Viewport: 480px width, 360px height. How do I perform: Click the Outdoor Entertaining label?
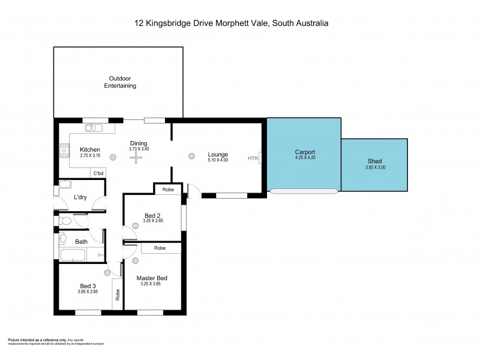tap(122, 82)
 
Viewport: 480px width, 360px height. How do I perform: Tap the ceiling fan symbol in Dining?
tap(136, 156)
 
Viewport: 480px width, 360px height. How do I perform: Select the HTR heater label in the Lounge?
tap(252, 158)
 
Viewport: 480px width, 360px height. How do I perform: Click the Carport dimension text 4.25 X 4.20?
tap(305, 158)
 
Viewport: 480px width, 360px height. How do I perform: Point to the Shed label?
tap(374, 161)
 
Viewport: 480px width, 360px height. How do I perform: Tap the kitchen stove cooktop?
tap(64, 151)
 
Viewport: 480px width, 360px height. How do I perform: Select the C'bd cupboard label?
tap(98, 173)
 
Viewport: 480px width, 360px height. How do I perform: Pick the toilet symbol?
tap(65, 221)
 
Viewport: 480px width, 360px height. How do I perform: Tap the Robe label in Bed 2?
tap(169, 190)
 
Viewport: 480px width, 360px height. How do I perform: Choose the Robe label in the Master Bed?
tap(160, 248)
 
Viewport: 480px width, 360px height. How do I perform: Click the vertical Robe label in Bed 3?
tap(118, 295)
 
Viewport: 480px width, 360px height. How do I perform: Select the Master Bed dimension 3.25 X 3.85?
tap(152, 284)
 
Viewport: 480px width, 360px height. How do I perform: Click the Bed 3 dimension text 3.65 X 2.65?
tap(88, 292)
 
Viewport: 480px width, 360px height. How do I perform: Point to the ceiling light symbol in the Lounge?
tap(191, 155)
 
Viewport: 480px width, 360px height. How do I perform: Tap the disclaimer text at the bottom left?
tap(56, 341)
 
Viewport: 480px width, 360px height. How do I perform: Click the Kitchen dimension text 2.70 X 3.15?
tap(90, 156)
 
